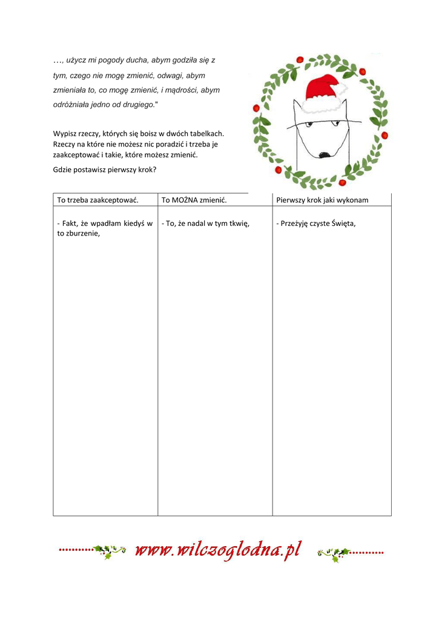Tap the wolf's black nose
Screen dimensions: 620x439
pos(325,155)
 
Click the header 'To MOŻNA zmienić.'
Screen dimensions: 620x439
pos(194,200)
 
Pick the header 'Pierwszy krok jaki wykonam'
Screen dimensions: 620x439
pos(322,200)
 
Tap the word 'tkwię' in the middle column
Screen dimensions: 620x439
pos(237,223)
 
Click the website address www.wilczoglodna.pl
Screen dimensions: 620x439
pos(218,550)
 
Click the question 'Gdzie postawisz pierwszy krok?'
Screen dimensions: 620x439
pos(105,170)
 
